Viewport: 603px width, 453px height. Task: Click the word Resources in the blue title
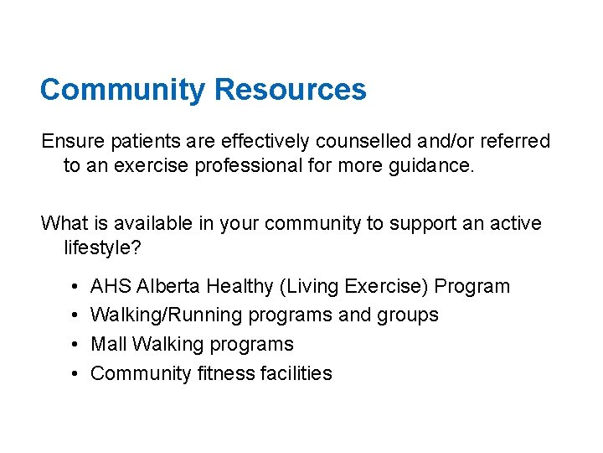(x=291, y=90)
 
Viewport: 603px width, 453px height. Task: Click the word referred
(x=516, y=141)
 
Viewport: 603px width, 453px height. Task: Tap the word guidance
(x=434, y=165)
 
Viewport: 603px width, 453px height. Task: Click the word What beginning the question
(x=64, y=223)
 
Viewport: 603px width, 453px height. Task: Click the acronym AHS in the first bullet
(x=110, y=286)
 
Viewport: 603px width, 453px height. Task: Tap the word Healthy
(x=240, y=286)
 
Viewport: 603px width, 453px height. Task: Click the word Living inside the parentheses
(x=312, y=286)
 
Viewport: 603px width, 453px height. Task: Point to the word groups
(x=410, y=315)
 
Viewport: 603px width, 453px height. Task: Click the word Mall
(x=108, y=344)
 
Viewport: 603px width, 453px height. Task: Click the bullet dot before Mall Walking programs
(x=75, y=344)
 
